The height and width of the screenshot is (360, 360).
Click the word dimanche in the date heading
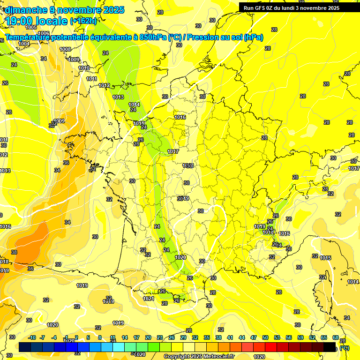25,10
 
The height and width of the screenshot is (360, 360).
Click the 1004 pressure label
24,44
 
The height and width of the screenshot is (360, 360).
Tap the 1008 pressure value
65,49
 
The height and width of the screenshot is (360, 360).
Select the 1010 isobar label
84,68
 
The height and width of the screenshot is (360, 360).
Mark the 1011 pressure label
91,79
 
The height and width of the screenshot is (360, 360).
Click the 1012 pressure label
104,85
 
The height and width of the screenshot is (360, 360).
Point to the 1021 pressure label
149,299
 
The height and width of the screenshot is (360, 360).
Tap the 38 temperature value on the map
14,252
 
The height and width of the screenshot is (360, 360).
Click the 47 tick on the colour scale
254,337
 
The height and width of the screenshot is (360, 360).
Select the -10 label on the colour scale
32,337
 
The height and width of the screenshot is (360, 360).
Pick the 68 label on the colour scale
336,337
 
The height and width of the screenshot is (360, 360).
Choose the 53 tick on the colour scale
277,337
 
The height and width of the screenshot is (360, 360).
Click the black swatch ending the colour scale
330,347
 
